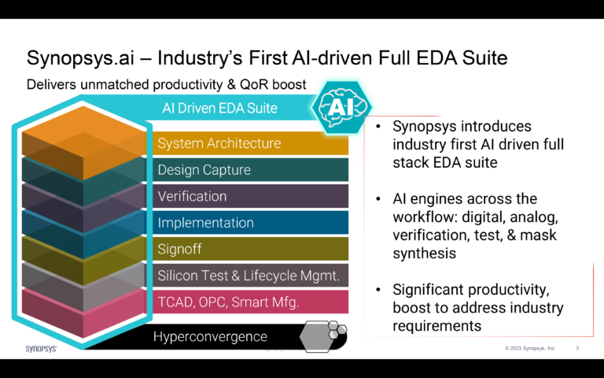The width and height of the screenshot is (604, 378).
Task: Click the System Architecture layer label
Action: pos(219,143)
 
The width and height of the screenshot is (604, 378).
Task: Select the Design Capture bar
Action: pos(204,170)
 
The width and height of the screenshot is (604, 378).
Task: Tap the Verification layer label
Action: pos(192,196)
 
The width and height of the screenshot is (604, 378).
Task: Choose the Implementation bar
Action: pos(205,223)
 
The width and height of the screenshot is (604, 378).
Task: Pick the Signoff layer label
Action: pos(181,249)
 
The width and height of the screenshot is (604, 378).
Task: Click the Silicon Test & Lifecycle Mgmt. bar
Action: pos(249,276)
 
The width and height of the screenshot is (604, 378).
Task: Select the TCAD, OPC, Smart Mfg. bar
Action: pos(228,302)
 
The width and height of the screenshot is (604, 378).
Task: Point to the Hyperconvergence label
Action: pos(210,336)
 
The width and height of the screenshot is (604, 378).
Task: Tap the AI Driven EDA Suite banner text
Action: pos(219,108)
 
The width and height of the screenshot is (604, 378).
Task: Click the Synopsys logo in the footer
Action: pos(41,347)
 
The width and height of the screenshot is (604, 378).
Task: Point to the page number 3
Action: pos(578,347)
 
